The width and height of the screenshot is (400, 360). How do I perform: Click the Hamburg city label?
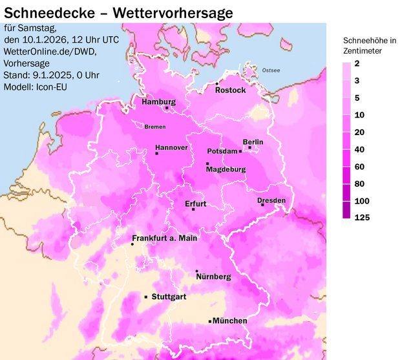tap(158, 102)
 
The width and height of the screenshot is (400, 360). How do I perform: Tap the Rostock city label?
tap(231, 90)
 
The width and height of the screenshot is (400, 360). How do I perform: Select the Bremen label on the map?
tap(155, 127)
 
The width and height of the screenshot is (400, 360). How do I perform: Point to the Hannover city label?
tap(171, 148)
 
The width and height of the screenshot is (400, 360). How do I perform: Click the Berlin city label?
tap(253, 142)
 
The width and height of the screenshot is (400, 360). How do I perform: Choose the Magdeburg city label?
tap(226, 170)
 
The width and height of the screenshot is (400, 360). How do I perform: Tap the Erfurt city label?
tap(195, 204)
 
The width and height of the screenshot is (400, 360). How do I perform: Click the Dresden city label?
tap(271, 200)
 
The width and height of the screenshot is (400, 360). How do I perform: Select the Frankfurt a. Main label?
tap(165, 238)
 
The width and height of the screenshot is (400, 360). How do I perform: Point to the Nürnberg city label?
tap(213, 277)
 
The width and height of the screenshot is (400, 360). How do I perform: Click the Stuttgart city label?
tap(169, 297)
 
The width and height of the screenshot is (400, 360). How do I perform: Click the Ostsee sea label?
tap(271, 70)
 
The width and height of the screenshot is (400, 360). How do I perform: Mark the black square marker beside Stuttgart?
tap(145, 297)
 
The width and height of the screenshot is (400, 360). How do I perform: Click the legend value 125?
tap(362, 218)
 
